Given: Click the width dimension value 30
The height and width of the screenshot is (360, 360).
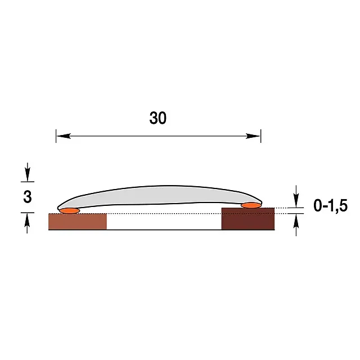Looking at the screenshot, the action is point(157,118).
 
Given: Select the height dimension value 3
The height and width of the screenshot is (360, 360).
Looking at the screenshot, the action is point(28,197).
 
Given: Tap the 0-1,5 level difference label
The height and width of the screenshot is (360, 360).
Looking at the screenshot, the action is point(330,206).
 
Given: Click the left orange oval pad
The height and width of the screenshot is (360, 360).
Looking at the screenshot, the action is point(69,211).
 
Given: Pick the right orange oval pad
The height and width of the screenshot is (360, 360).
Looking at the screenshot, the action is point(251,205).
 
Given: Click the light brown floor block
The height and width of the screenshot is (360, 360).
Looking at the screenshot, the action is point(78,222).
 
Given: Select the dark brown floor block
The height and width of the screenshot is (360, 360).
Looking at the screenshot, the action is point(248,219).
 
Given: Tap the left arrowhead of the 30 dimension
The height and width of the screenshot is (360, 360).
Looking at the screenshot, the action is point(64,136).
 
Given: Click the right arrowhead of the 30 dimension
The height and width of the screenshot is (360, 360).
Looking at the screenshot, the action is point(253,136).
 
